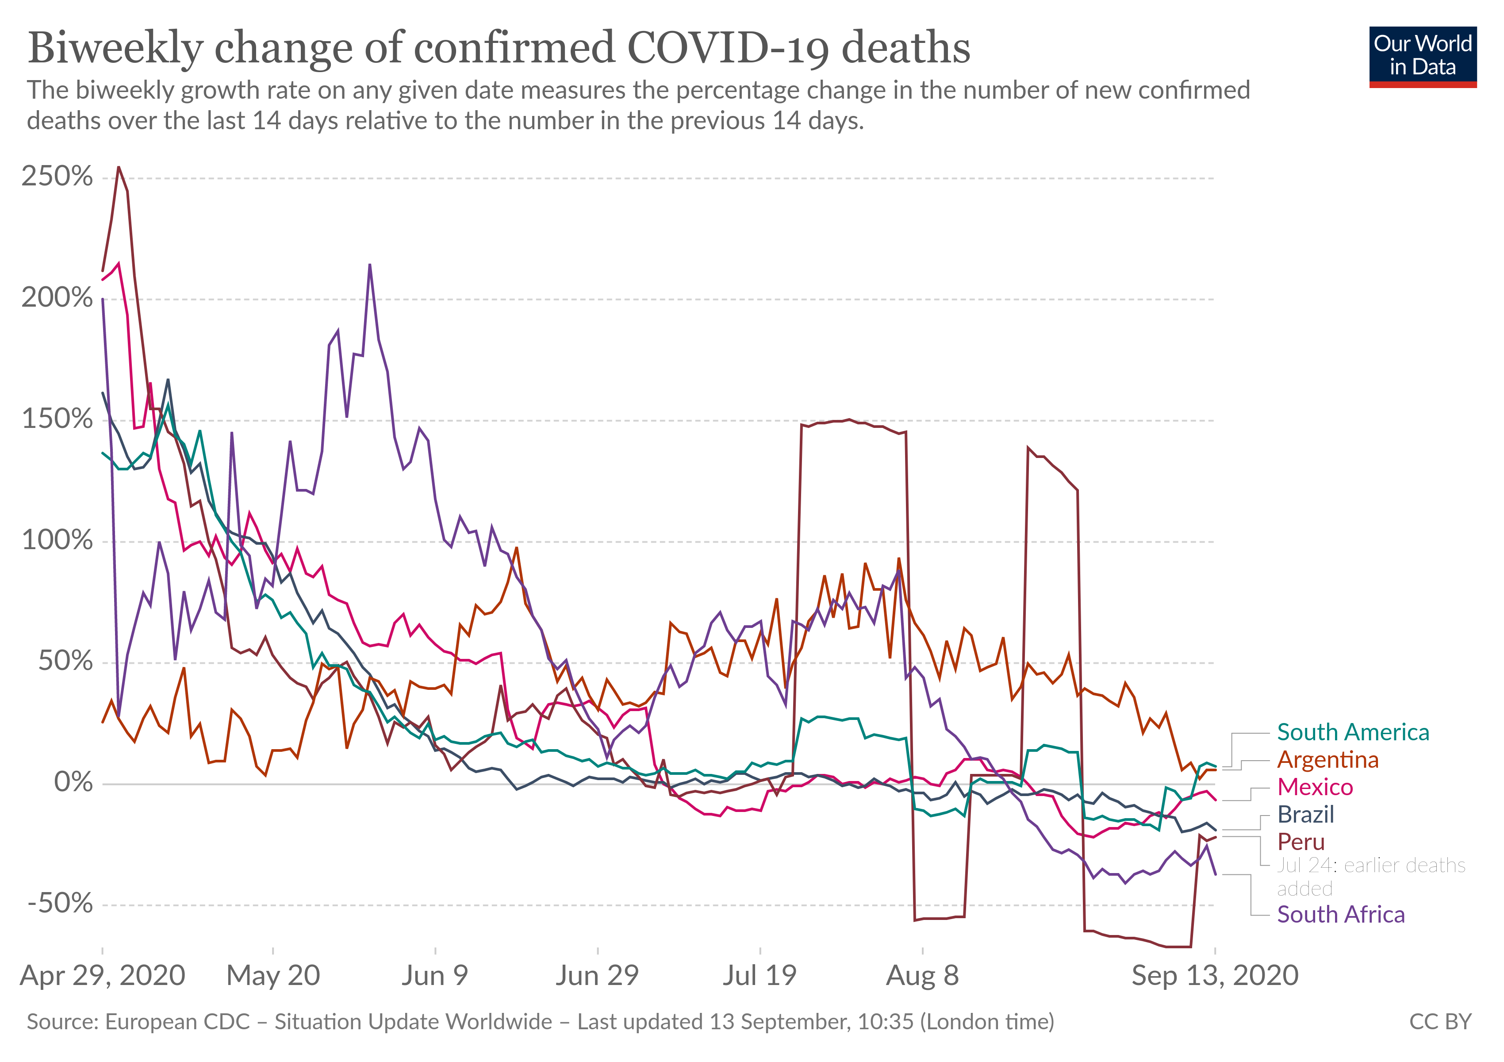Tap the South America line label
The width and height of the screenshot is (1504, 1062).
pyautogui.click(x=1353, y=732)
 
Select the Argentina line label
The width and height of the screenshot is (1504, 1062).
pyautogui.click(x=1328, y=759)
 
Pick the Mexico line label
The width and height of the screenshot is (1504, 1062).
pyautogui.click(x=1315, y=787)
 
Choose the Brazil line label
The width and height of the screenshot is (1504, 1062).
pyautogui.click(x=1305, y=814)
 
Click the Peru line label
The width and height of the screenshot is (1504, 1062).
pyautogui.click(x=1301, y=842)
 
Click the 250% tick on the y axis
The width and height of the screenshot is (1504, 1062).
pyautogui.click(x=57, y=177)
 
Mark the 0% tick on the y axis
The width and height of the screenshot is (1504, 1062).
pyautogui.click(x=73, y=782)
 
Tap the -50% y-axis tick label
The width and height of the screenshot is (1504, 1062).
pyautogui.click(x=60, y=904)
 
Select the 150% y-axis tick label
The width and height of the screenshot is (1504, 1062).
pyautogui.click(x=57, y=419)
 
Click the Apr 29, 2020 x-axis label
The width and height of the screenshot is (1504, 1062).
pyautogui.click(x=103, y=976)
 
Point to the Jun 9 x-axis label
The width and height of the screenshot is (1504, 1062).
pyautogui.click(x=435, y=976)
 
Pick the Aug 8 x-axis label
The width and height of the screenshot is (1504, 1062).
pyautogui.click(x=922, y=976)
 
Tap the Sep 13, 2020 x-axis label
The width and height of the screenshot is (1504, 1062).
pyautogui.click(x=1215, y=976)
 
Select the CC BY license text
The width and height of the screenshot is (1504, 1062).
pyautogui.click(x=1440, y=1021)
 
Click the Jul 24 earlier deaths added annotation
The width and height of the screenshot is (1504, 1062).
pyautogui.click(x=1370, y=877)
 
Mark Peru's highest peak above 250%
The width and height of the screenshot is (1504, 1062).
pyautogui.click(x=119, y=167)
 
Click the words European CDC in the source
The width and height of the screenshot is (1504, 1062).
pyautogui.click(x=177, y=1021)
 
